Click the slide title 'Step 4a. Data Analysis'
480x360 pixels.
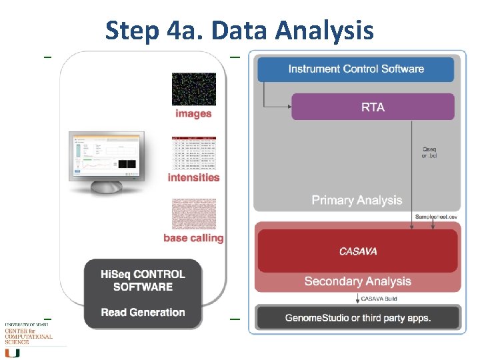point(239,30)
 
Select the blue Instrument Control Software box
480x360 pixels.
point(355,69)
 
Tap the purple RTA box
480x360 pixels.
point(373,107)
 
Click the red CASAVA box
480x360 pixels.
point(357,251)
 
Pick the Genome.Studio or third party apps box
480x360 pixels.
point(358,317)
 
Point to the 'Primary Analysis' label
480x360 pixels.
point(357,200)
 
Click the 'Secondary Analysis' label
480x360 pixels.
point(357,281)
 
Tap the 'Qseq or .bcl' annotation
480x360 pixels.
point(430,153)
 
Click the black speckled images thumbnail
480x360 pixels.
point(193,89)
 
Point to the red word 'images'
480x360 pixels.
point(193,113)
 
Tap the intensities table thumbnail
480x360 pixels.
point(193,153)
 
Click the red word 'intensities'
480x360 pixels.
point(193,177)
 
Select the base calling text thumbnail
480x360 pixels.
point(193,213)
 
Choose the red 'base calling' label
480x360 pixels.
point(193,238)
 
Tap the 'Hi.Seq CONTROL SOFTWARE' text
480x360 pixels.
point(143,281)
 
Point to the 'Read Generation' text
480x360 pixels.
point(143,312)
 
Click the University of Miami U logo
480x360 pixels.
point(12,353)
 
